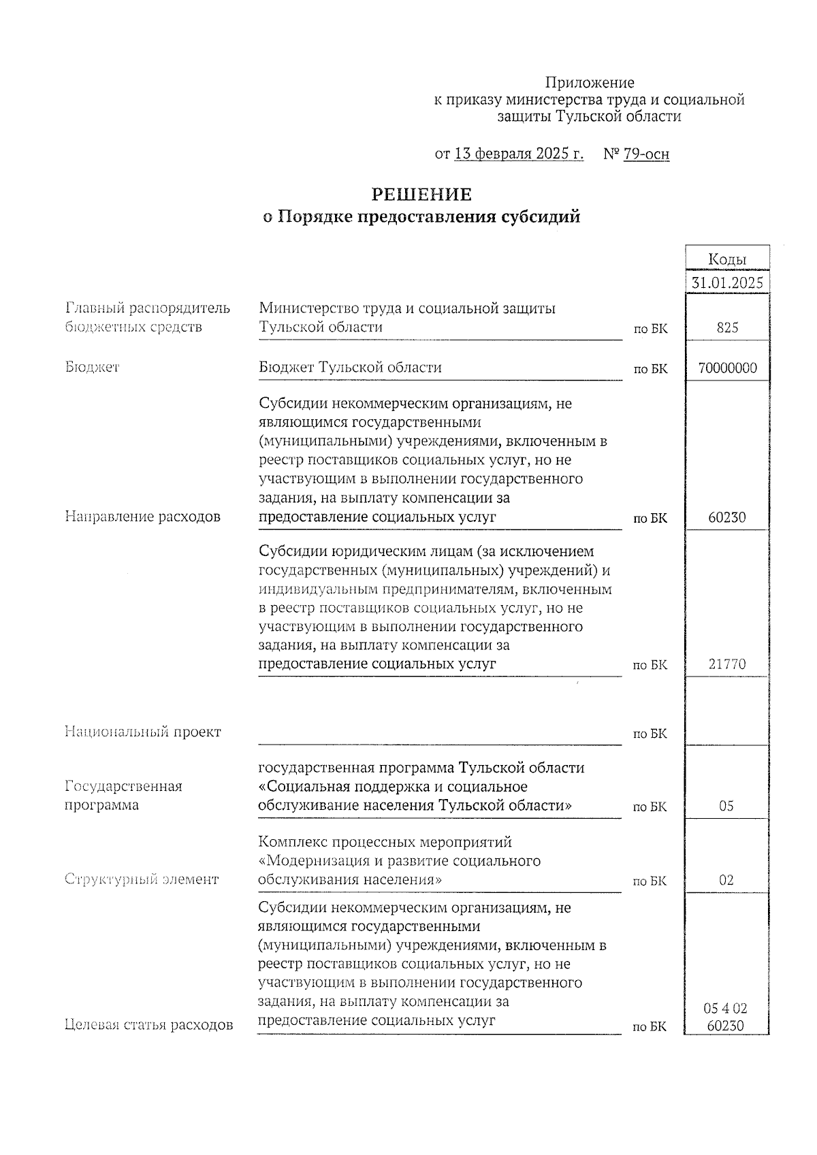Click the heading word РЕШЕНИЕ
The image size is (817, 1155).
click(421, 195)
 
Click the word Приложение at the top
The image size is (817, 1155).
click(590, 83)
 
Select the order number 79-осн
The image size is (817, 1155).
click(645, 154)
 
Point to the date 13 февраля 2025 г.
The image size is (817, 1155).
click(518, 154)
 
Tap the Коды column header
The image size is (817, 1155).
click(726, 259)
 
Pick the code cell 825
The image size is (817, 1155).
click(726, 328)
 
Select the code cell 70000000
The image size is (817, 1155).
click(726, 369)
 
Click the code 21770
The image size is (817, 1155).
click(726, 664)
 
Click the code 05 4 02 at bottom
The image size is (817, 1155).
click(726, 1008)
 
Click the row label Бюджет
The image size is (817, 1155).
click(92, 368)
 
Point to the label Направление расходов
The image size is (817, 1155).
click(142, 517)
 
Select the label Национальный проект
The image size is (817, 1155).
click(142, 732)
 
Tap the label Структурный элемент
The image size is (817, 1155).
click(142, 879)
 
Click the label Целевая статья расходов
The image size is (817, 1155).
click(148, 1025)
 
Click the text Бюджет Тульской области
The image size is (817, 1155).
click(350, 368)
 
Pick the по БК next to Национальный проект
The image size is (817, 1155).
click(650, 734)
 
